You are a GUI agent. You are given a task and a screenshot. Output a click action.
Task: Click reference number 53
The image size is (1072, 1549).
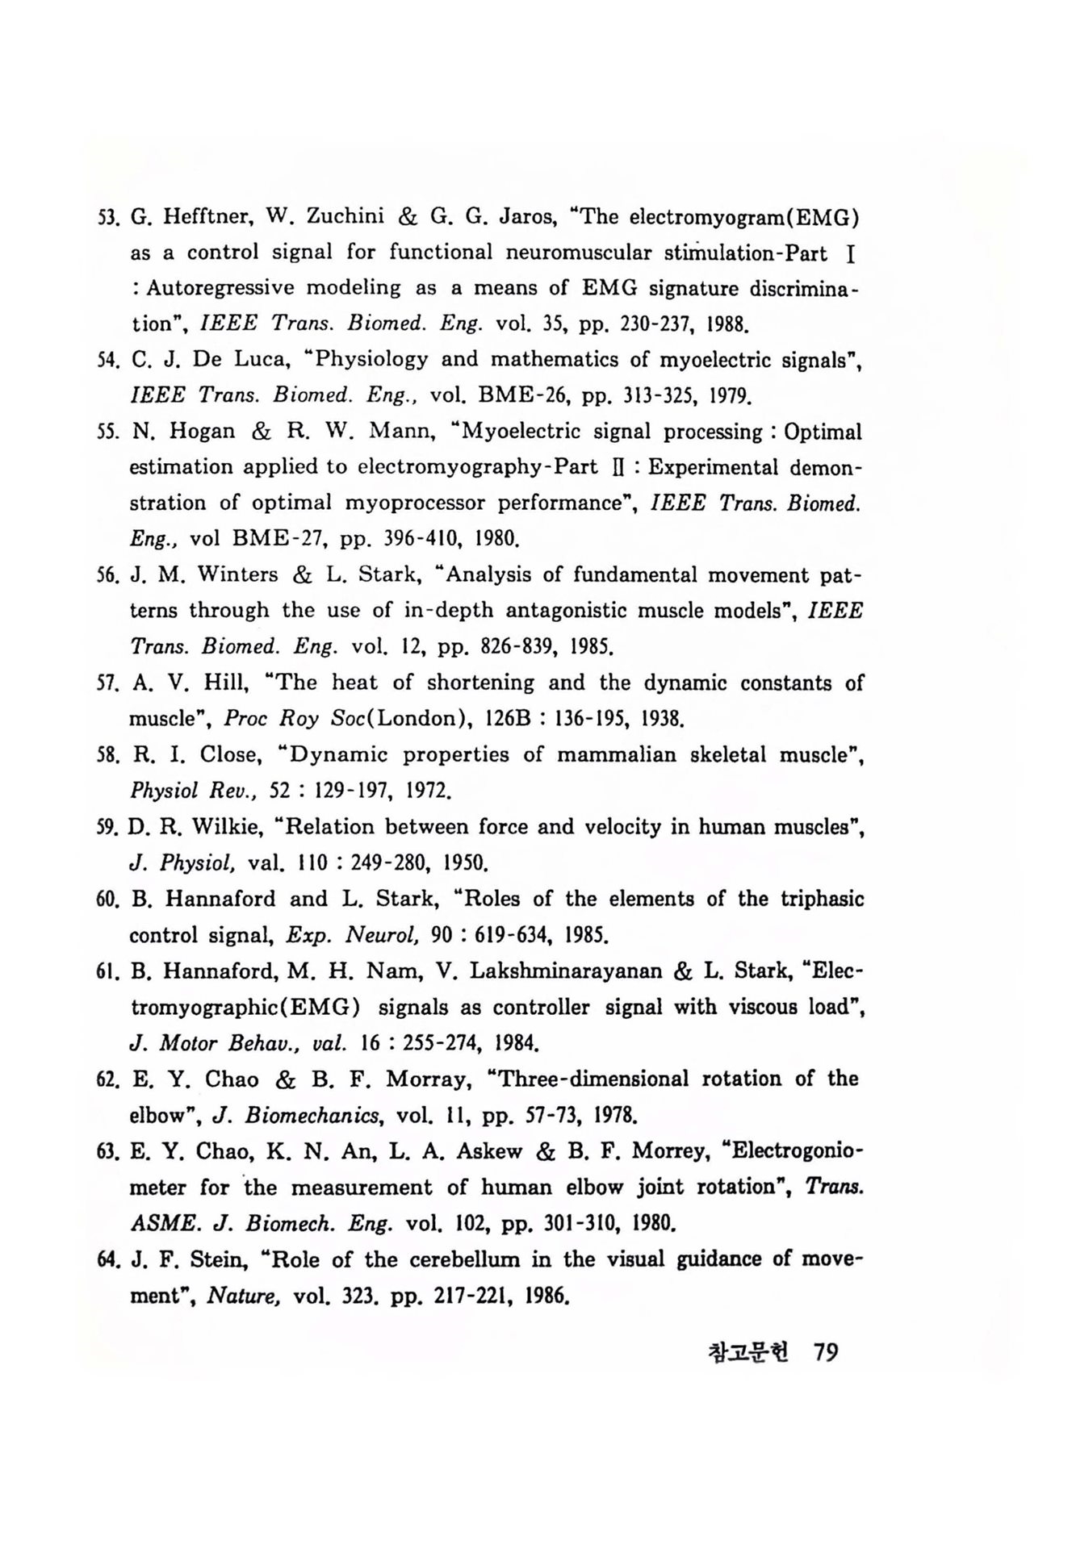[107, 217]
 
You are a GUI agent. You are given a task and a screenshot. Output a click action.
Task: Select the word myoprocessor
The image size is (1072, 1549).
[414, 503]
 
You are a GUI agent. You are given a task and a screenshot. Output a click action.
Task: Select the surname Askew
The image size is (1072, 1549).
[490, 1151]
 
